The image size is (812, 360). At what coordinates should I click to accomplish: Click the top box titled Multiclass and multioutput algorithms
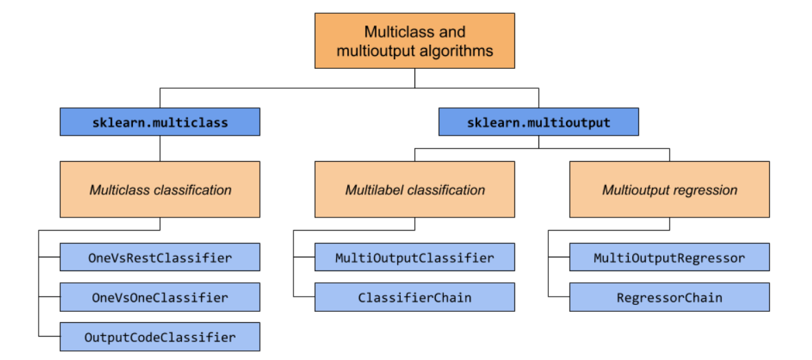click(x=414, y=41)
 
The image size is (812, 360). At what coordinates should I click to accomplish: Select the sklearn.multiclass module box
click(x=160, y=122)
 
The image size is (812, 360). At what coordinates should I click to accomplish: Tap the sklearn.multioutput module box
click(x=539, y=122)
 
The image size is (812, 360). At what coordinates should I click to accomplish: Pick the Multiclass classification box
click(x=160, y=189)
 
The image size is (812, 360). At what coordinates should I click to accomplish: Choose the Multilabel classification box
click(x=414, y=189)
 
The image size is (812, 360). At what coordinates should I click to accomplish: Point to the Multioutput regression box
click(x=669, y=189)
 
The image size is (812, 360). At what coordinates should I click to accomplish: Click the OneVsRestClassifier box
click(x=160, y=257)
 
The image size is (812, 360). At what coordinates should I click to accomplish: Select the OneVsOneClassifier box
click(x=160, y=297)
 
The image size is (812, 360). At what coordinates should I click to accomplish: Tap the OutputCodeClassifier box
click(x=160, y=337)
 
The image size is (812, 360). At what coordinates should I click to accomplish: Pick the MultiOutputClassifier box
click(x=414, y=257)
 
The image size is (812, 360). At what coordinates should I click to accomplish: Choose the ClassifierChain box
click(x=414, y=297)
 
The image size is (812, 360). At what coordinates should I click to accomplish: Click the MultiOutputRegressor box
click(x=669, y=257)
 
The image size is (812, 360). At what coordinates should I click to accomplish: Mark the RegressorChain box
click(x=669, y=297)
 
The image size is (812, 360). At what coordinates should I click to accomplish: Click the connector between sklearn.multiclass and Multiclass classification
click(x=160, y=148)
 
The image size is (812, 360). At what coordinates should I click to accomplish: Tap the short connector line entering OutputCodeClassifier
click(x=49, y=337)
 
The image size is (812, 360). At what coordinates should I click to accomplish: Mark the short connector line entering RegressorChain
click(x=559, y=297)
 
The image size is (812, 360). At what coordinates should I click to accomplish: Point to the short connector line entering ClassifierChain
click(x=304, y=297)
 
